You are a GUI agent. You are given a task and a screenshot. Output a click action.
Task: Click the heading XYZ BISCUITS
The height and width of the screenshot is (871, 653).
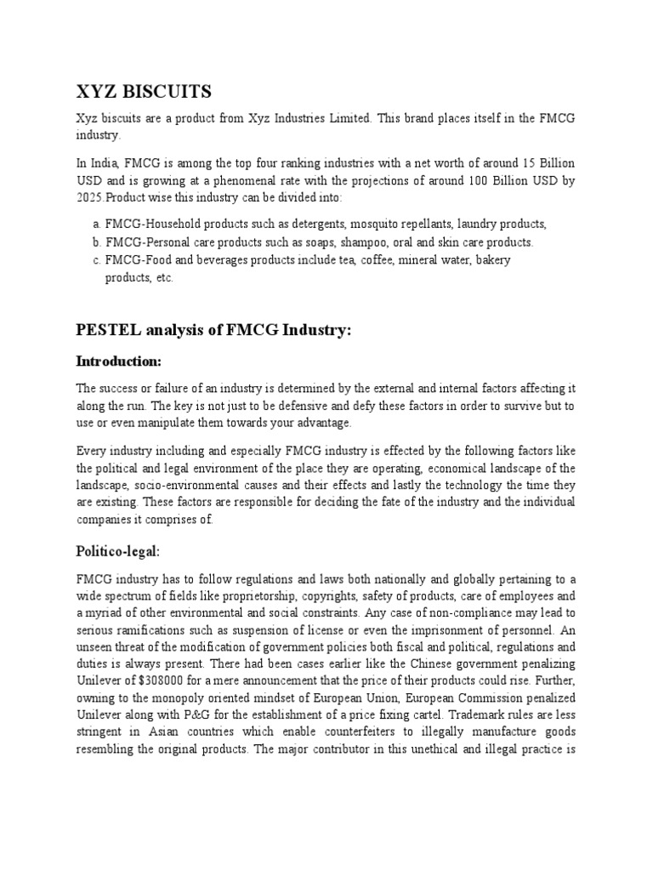pyautogui.click(x=144, y=91)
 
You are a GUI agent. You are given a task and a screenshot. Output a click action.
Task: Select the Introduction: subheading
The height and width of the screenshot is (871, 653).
pyautogui.click(x=119, y=361)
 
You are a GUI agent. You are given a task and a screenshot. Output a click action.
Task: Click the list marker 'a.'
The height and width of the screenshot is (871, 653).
pyautogui.click(x=94, y=225)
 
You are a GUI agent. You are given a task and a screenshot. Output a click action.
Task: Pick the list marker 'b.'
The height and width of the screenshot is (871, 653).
pyautogui.click(x=94, y=242)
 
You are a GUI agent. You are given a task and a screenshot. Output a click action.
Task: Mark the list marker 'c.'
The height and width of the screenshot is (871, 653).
pyautogui.click(x=94, y=260)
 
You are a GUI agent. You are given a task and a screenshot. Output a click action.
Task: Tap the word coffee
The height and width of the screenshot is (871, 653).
pyautogui.click(x=371, y=260)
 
